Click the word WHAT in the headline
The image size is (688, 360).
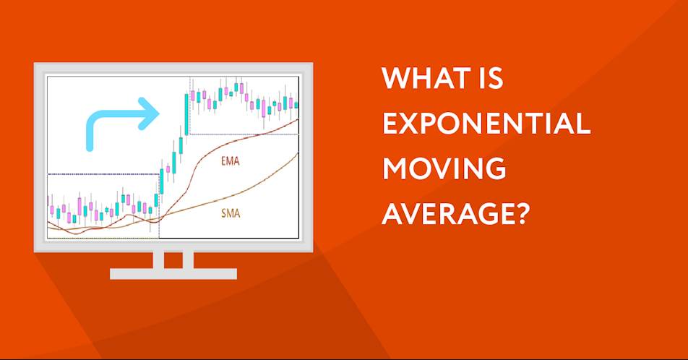427,78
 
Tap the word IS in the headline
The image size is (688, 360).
493,78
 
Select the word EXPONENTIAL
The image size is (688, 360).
486,124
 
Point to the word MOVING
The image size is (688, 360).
444,168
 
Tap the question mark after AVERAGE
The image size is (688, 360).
520,214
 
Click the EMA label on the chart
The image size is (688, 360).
231,161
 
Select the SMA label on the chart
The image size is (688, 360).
231,214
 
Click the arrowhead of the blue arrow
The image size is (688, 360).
148,113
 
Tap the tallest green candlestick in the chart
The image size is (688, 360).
187,114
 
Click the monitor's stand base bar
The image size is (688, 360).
173,274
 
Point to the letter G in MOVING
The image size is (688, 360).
495,168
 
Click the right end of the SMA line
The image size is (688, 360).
298,153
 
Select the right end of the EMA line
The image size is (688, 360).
298,119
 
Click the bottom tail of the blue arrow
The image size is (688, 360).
90,147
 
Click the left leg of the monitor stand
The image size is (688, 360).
158,260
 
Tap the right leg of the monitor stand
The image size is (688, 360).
188,260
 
